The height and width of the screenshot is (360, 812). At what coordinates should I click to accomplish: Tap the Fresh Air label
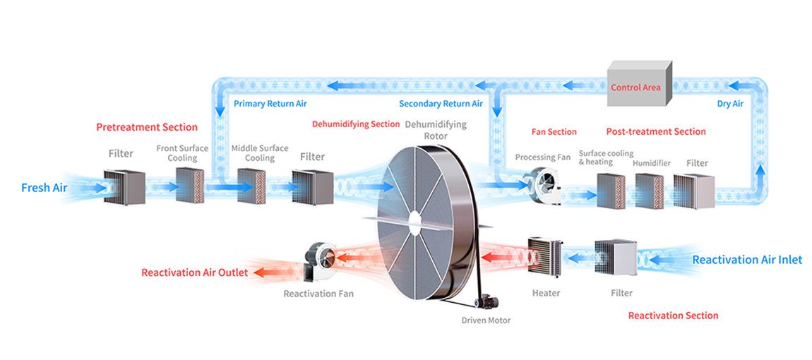44,188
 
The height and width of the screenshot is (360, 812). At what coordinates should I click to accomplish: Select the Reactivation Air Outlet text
194,272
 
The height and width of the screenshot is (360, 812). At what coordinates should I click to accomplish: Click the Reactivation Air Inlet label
747,260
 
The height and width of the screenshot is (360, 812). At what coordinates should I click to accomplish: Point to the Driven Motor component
487,302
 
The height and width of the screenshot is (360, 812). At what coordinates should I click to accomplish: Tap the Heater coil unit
546,257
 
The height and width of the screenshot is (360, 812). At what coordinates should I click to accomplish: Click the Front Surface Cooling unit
189,186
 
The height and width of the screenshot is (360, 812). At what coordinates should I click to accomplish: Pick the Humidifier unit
649,191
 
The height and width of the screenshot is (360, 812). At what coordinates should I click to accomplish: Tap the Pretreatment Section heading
147,127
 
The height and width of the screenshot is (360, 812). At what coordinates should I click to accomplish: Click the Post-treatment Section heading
656,131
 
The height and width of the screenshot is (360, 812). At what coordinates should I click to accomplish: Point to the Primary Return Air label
270,104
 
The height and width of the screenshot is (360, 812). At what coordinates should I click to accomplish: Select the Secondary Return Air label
441,104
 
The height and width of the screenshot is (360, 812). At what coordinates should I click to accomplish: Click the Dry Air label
730,104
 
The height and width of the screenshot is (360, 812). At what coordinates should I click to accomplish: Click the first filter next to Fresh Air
124,187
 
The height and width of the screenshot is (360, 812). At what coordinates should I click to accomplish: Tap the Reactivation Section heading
673,316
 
